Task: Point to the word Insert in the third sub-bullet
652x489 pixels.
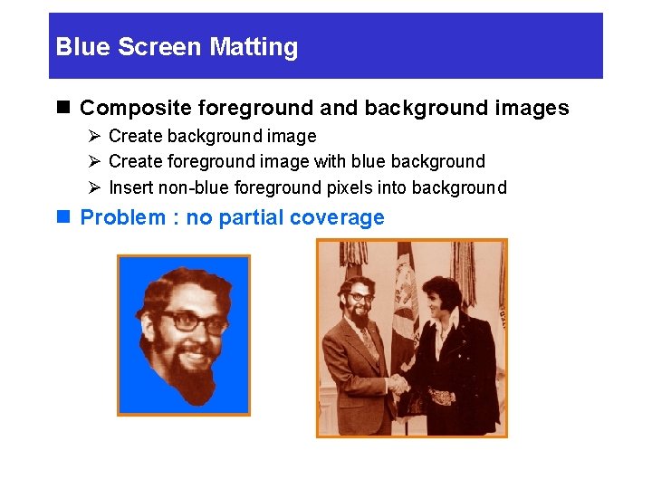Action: click(130, 188)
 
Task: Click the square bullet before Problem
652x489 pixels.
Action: click(62, 217)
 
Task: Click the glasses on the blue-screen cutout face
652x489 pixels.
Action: click(192, 321)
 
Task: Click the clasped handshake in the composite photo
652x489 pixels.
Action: click(397, 383)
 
